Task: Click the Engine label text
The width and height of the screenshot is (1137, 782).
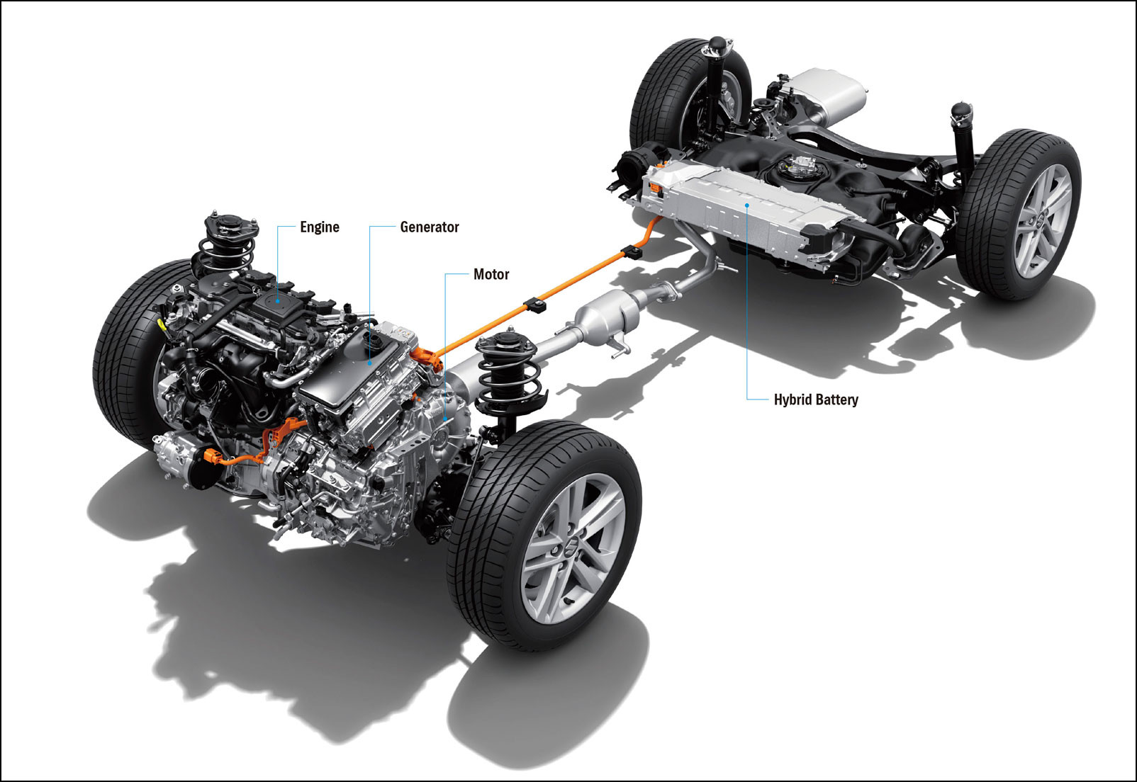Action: coord(319,227)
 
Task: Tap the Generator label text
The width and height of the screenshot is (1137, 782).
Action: coord(429,227)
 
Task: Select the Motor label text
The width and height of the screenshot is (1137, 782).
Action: coord(491,274)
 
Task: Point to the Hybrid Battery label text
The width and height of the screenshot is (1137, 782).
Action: coord(815,399)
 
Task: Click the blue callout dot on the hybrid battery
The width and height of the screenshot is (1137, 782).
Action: coord(747,204)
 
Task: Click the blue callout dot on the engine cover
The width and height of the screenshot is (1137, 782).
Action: coord(278,301)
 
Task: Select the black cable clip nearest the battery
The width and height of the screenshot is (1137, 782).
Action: coord(632,251)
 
